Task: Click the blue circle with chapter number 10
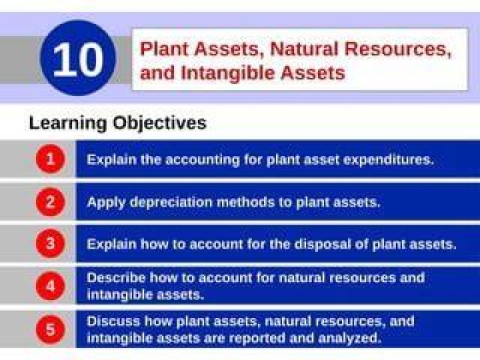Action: point(79,58)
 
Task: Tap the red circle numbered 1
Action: point(51,159)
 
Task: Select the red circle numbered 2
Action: point(51,202)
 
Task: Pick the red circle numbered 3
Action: point(51,244)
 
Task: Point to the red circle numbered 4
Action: point(51,286)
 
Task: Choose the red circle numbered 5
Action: point(51,329)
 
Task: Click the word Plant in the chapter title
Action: point(164,49)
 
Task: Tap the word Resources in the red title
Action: point(397,49)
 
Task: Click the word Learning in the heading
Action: point(67,123)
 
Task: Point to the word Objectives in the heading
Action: point(159,123)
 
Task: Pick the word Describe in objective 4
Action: point(116,278)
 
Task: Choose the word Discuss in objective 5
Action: point(113,321)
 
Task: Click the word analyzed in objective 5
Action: point(350,338)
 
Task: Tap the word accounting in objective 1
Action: point(203,160)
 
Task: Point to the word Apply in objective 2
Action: point(106,203)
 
